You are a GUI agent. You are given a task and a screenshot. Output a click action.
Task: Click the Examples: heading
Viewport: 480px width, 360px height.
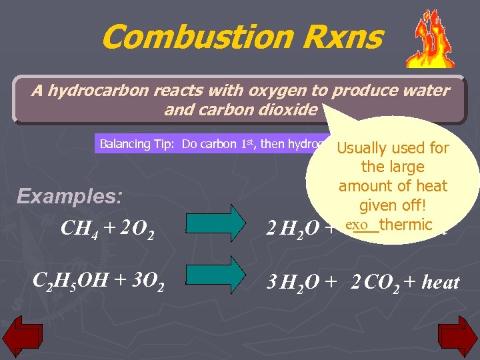coord(69,197)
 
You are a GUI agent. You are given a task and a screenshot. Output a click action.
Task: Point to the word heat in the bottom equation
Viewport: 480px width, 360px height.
coord(441,283)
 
